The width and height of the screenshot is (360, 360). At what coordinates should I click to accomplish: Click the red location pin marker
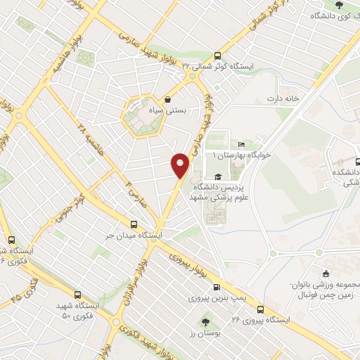pos(181,165)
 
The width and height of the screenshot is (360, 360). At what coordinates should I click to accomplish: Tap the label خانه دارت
pos(283,98)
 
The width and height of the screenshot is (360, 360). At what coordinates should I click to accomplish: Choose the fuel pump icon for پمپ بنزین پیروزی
pos(217,287)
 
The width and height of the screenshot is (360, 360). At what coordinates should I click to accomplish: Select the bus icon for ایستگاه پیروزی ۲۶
pos(261,309)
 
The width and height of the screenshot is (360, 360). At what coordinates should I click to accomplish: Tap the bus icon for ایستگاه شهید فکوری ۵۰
pos(77,297)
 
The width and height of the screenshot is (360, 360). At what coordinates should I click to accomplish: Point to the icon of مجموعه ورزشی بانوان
pos(325,274)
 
